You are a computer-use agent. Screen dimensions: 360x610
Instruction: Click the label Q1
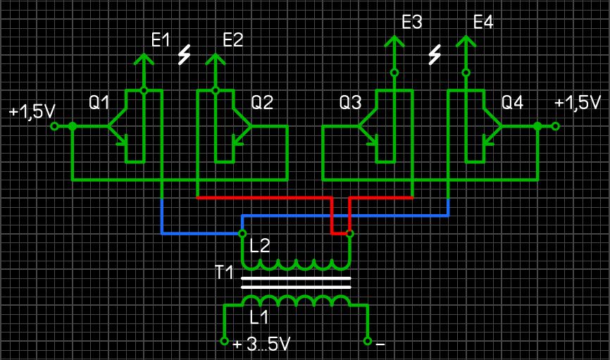click(99, 103)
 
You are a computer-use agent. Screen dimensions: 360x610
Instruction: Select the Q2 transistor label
click(262, 103)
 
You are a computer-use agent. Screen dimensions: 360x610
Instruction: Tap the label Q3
click(350, 103)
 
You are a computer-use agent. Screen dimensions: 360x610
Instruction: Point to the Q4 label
click(512, 103)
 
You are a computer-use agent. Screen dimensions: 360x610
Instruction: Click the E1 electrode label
click(161, 40)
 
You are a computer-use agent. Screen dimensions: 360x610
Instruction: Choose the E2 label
click(232, 40)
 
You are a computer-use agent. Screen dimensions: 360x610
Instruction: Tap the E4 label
click(483, 22)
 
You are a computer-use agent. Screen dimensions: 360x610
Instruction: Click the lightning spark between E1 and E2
click(185, 54)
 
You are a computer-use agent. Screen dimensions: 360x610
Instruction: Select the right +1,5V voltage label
click(578, 103)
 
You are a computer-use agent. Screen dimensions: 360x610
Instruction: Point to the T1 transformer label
click(224, 272)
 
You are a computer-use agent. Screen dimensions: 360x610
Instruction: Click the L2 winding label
click(261, 246)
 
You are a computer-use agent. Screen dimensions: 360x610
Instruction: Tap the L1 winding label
click(260, 317)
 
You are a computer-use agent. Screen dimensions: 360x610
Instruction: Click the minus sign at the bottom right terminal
click(380, 345)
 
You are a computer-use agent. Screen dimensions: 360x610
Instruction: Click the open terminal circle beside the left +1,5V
click(55, 127)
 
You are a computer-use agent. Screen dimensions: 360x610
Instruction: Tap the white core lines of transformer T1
click(296, 283)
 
